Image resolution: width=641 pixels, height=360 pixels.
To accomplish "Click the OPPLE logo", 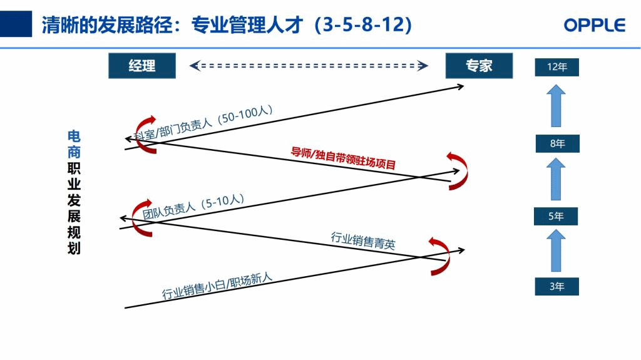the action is (x=595, y=26).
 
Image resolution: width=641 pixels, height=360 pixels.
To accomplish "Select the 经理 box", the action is (x=142, y=66).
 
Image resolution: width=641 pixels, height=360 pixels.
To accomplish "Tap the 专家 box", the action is (x=479, y=66).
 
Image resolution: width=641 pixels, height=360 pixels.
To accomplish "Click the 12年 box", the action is (x=556, y=67).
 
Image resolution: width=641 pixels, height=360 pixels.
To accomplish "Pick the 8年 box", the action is (x=557, y=143).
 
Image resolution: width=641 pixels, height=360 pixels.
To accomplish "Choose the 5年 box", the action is (x=556, y=216).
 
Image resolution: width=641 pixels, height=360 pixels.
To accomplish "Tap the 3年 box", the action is (x=556, y=286).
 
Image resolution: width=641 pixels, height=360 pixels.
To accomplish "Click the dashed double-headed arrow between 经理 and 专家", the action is (x=309, y=66).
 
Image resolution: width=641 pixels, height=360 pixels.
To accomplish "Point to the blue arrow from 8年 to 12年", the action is (x=556, y=106).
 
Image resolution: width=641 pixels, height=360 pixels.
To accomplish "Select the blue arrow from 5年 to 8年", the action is (x=556, y=179).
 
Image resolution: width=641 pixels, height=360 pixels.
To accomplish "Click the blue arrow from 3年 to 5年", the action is (x=556, y=250).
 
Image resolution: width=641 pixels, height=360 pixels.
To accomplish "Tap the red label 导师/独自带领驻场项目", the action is (x=343, y=158).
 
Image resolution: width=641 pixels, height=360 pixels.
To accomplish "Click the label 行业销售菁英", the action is (x=363, y=240).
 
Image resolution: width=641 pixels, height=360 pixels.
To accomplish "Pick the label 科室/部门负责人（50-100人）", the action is (x=203, y=123).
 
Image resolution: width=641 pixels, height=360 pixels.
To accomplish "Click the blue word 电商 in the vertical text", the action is (x=74, y=144).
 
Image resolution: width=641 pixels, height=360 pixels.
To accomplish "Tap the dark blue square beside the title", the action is (x=16, y=24).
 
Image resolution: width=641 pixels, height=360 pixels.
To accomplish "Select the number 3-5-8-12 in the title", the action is (x=362, y=24).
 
